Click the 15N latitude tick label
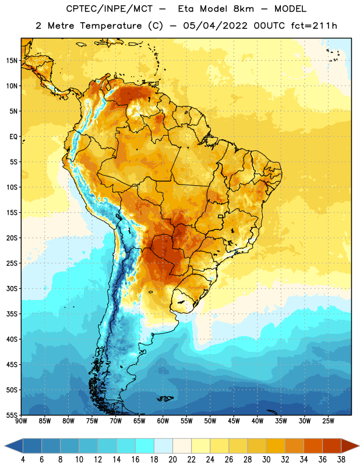(12, 61)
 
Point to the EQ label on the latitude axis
(13, 137)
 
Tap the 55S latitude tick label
(12, 415)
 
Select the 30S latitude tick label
(12, 288)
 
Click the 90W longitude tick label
(21, 421)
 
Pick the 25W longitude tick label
(328, 421)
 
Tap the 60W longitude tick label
(163, 421)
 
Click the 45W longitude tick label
(234, 421)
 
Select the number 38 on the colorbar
(341, 460)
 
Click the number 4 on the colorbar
(23, 460)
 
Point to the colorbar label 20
(172, 460)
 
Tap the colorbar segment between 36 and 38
(332, 446)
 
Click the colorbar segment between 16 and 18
(145, 446)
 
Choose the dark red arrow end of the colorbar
(350, 446)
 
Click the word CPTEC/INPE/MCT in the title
(110, 9)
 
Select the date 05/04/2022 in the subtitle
(215, 26)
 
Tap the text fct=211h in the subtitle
(314, 26)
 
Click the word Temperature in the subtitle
(111, 26)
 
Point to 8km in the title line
(243, 9)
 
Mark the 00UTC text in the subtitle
(269, 26)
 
